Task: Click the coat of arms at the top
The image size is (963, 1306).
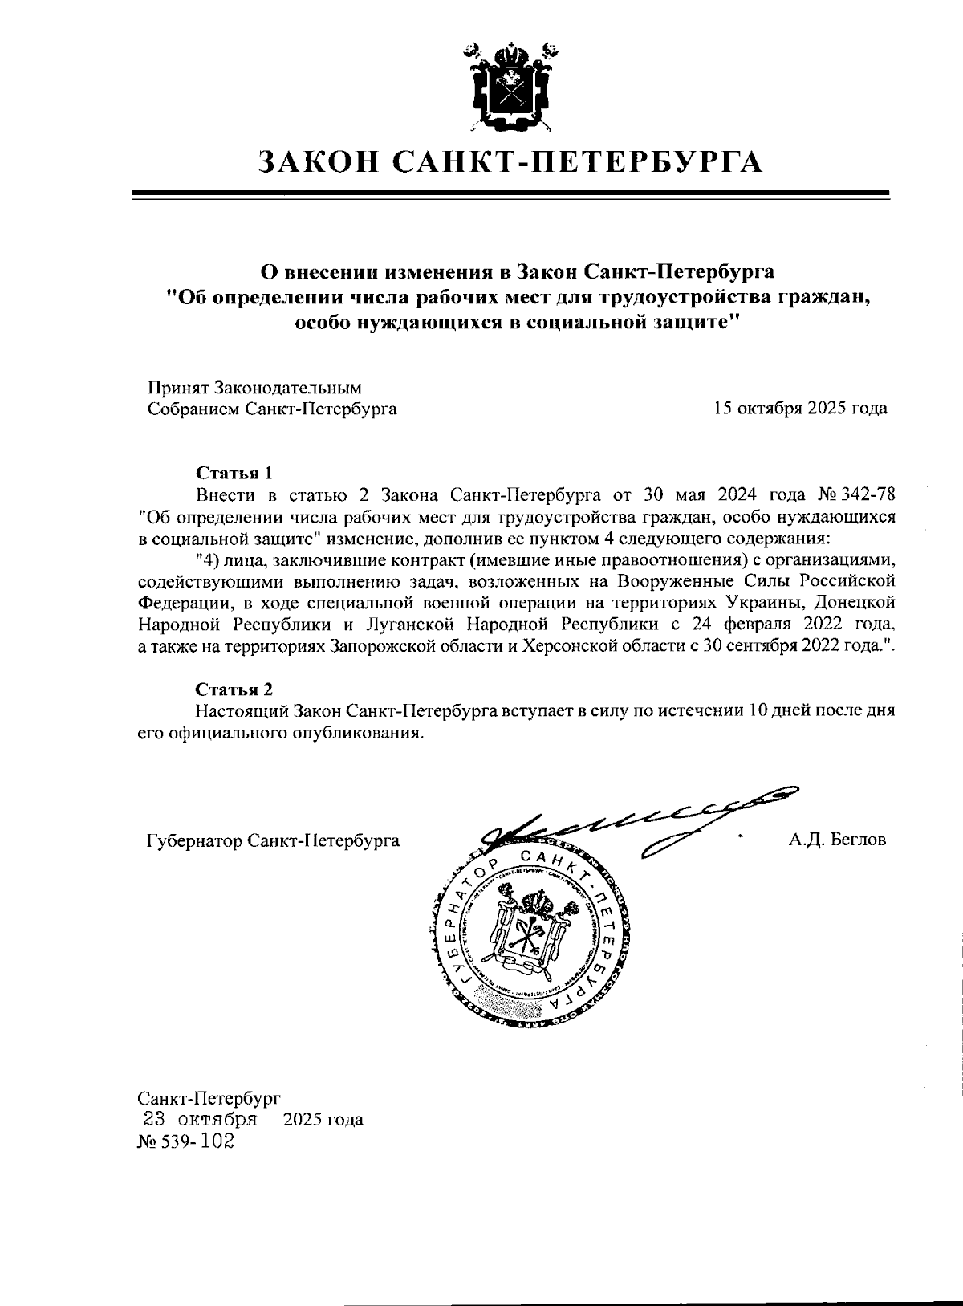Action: [510, 86]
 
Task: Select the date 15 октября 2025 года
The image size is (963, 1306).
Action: [800, 408]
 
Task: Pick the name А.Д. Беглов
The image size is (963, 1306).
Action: [837, 840]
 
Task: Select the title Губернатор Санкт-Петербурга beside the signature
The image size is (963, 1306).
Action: [273, 840]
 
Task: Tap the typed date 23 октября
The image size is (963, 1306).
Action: [199, 1118]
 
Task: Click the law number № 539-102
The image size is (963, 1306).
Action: [186, 1141]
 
